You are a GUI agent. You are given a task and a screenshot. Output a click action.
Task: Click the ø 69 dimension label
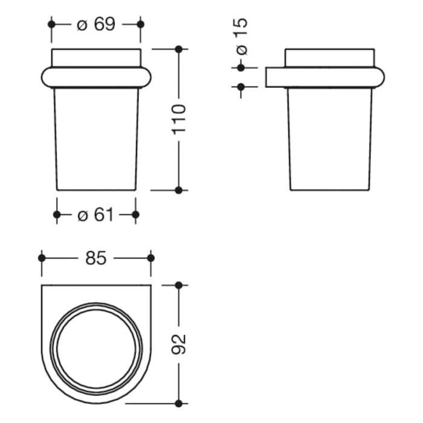96,24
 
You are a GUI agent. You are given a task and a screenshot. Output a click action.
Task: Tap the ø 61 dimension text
96,215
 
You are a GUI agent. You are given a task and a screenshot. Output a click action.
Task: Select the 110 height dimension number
178,120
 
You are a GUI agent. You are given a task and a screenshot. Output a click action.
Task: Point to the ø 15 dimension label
241,36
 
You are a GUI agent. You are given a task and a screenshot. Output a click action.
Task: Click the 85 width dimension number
96,258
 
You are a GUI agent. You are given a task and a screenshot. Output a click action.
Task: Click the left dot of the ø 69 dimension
51,24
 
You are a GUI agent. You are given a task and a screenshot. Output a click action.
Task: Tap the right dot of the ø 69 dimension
141,24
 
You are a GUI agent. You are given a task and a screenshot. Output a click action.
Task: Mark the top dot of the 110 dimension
178,48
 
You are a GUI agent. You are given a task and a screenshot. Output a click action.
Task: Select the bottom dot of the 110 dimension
178,190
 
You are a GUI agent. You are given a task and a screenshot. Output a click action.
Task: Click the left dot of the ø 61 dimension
57,215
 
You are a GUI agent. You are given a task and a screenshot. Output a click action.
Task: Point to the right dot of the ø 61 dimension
135,215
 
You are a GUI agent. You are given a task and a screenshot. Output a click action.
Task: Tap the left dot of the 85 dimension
41,258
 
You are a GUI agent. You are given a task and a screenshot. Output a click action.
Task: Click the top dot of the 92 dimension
178,285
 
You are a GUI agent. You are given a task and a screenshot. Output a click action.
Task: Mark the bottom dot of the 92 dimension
178,402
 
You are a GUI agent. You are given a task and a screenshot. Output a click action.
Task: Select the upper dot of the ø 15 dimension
241,68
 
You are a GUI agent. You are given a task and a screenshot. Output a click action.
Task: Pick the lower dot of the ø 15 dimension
241,87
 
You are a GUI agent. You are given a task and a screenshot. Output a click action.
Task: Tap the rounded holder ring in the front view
96,77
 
